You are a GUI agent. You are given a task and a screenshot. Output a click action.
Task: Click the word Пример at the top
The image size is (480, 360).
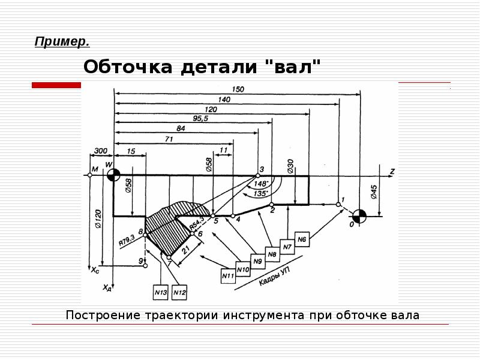pyautogui.click(x=62, y=41)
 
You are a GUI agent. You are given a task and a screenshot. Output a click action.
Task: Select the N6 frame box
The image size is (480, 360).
pyautogui.click(x=302, y=239)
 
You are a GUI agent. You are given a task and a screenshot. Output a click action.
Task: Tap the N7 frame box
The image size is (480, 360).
pyautogui.click(x=287, y=247)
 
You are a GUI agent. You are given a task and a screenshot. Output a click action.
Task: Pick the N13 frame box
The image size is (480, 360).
pyautogui.click(x=161, y=292)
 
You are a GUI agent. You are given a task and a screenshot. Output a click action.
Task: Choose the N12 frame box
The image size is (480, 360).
pyautogui.click(x=179, y=292)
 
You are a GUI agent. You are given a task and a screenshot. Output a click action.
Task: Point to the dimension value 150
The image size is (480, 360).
pyautogui.click(x=238, y=89)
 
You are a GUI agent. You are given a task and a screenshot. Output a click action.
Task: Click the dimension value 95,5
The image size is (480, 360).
pyautogui.click(x=200, y=119)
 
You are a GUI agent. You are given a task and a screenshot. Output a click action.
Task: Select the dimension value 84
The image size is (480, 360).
pyautogui.click(x=181, y=128)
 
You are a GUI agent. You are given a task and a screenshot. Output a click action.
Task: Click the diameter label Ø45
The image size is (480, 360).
pyautogui.click(x=374, y=192)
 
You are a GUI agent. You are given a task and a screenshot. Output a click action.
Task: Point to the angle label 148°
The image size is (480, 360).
pyautogui.click(x=260, y=184)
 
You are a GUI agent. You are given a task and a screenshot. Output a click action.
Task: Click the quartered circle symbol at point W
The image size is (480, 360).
pyautogui.click(x=113, y=175)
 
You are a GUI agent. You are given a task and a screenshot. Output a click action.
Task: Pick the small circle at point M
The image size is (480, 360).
pyautogui.click(x=89, y=175)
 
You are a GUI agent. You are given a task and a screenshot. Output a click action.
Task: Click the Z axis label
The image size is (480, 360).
pyautogui.click(x=392, y=172)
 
